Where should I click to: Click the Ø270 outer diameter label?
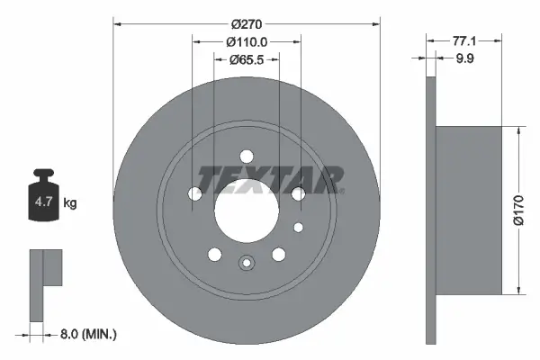[x=246, y=23]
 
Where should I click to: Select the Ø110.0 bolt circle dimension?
[x=247, y=42]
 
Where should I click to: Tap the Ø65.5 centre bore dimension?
[x=247, y=60]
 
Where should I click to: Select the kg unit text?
[x=70, y=203]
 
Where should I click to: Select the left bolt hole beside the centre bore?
[x=195, y=193]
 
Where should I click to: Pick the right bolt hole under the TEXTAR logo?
[x=297, y=193]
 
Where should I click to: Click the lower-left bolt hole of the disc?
[x=214, y=253]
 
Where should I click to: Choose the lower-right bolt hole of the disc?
[x=278, y=253]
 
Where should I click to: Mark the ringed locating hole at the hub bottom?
[x=246, y=264]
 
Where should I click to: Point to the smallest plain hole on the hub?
[x=299, y=226]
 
